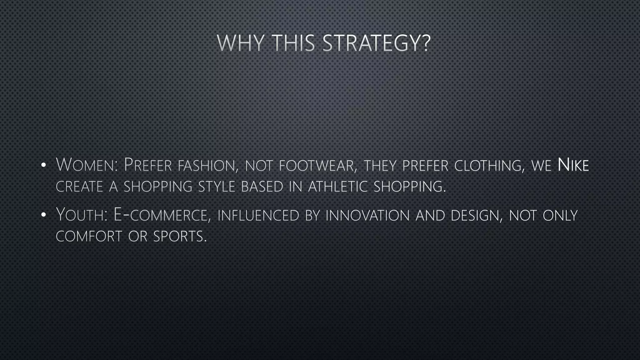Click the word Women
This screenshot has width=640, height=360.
[x=86, y=165]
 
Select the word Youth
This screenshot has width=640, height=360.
[x=82, y=215]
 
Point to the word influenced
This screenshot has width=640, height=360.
[x=258, y=215]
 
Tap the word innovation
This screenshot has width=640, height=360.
[x=367, y=215]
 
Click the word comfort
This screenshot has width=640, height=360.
[x=89, y=236]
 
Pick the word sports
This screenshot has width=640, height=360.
[x=180, y=236]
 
